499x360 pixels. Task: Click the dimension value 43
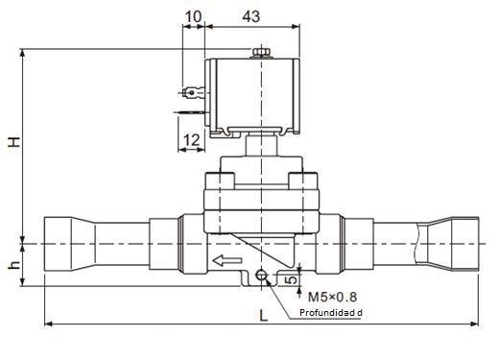point(251,16)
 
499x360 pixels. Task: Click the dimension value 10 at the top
point(193,16)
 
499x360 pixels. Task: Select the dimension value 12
point(192,140)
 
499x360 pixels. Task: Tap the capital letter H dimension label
point(14,142)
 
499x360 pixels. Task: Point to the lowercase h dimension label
point(14,265)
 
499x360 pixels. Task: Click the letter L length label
point(263,316)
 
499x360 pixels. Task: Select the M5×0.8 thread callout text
point(332,297)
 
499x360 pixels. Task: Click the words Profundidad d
point(331,313)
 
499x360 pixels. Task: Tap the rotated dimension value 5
point(291,280)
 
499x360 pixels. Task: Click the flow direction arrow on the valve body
point(227,260)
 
